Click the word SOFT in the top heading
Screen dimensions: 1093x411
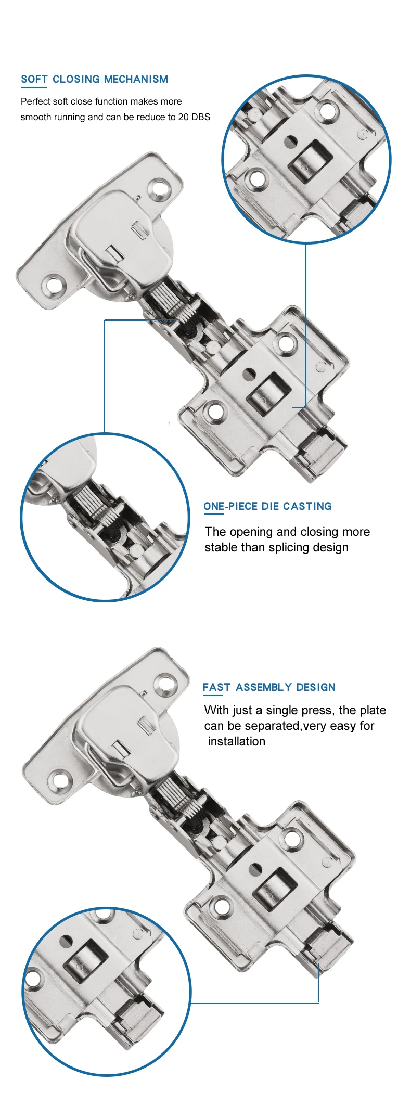pyautogui.click(x=34, y=79)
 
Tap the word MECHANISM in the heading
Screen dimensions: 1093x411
pyautogui.click(x=136, y=79)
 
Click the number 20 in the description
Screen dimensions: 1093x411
pyautogui.click(x=184, y=117)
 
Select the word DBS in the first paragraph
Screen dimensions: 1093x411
pyautogui.click(x=201, y=117)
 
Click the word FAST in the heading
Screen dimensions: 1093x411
pyautogui.click(x=216, y=687)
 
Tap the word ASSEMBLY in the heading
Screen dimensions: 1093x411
pyautogui.click(x=263, y=687)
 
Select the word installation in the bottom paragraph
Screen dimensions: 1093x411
pyautogui.click(x=237, y=741)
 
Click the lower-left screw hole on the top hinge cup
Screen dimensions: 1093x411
pyautogui.click(x=54, y=286)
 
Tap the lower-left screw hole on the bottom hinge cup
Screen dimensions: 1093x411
pyautogui.click(x=59, y=781)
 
